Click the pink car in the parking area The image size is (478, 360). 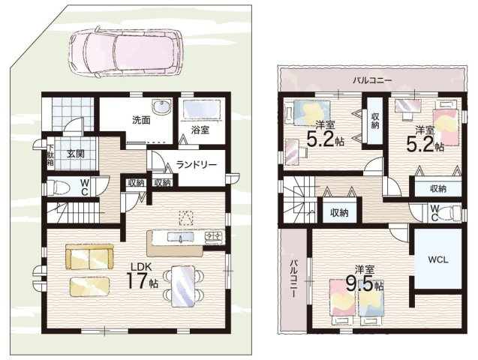tap(125, 52)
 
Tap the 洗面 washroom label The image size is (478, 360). tap(141, 120)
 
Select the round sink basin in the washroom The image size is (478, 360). tap(161, 108)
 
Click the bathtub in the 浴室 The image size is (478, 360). tap(202, 109)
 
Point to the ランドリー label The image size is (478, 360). tap(197, 165)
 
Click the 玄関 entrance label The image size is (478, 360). tap(76, 154)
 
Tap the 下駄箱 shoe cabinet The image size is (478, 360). tap(50, 154)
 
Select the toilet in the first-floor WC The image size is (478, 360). tap(59, 187)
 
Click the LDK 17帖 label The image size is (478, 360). tap(141, 275)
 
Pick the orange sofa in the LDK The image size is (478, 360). tap(89, 256)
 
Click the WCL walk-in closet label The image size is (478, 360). tap(437, 259)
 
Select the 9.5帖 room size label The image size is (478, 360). tap(364, 284)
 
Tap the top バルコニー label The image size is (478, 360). tap(372, 80)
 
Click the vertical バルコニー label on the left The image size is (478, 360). tap(294, 278)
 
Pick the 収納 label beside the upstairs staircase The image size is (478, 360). tap(339, 213)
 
